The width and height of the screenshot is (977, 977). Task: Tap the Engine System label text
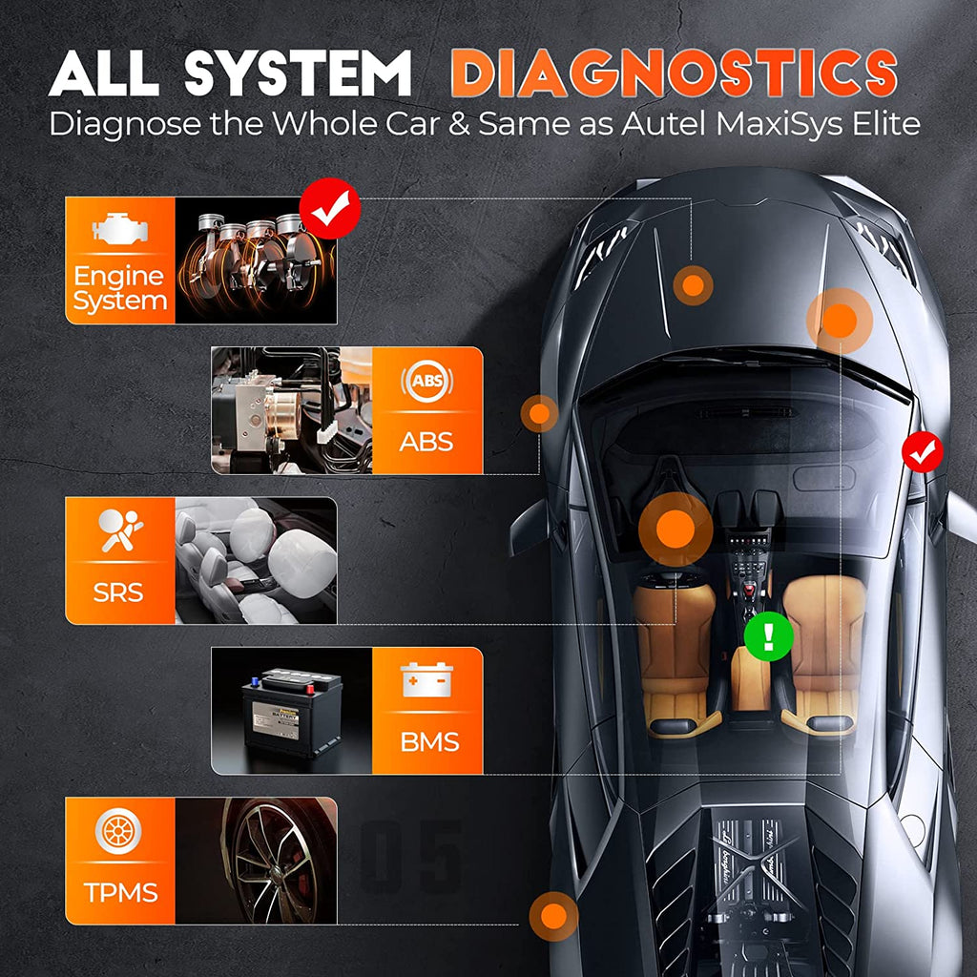click(119, 289)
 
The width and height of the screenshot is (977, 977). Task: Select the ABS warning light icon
click(426, 382)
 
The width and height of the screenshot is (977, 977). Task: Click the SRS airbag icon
click(120, 532)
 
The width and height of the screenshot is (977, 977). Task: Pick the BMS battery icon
click(427, 680)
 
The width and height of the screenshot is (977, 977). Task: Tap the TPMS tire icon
click(120, 831)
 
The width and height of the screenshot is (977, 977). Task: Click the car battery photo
click(291, 711)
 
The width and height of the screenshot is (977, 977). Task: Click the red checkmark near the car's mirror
click(923, 452)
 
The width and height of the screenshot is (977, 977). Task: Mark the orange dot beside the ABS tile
click(539, 413)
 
